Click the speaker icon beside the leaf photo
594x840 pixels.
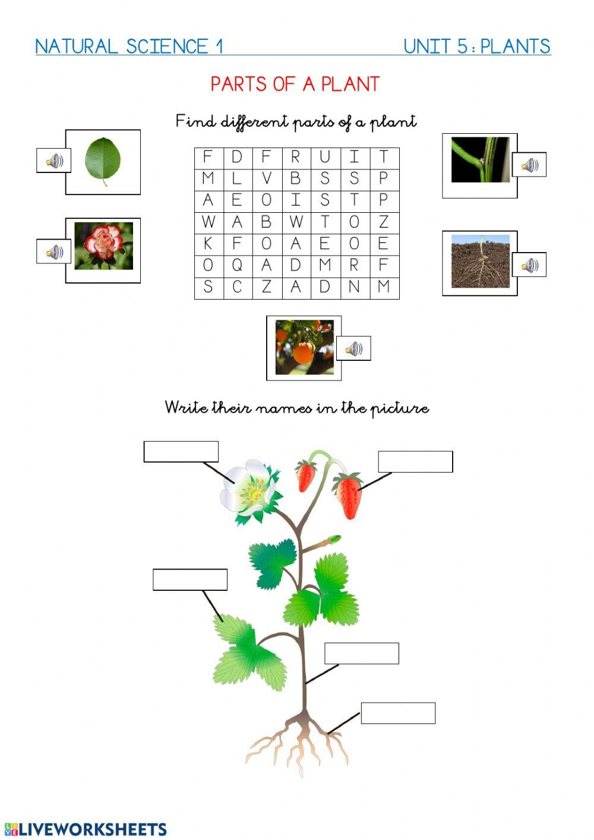coord(54,161)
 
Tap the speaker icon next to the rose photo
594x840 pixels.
coord(54,252)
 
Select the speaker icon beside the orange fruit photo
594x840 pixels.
coord(353,348)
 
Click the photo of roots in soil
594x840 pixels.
coord(481,262)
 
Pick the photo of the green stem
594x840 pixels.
coord(481,160)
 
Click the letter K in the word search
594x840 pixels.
coord(208,244)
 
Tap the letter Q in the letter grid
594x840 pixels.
coord(237,265)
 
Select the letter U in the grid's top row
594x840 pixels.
coord(325,157)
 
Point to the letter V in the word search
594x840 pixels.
coord(267,178)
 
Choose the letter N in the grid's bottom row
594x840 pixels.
coord(354,287)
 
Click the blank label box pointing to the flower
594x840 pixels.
coord(181,452)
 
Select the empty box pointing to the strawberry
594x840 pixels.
coord(415,461)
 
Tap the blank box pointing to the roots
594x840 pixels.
coord(398,713)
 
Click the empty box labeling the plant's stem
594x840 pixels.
coord(361,653)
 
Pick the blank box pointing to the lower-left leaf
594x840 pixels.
coord(190,580)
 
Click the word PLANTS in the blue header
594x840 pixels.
coord(515,46)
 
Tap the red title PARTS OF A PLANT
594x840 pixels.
coord(295,84)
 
